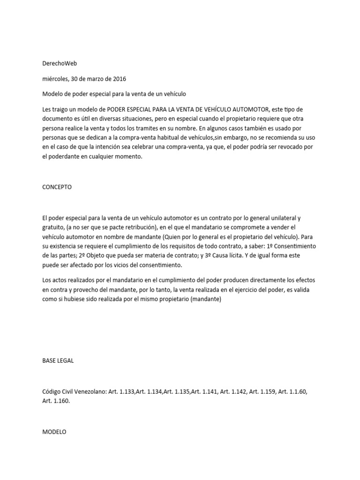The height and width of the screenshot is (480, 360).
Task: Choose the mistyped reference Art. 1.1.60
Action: tap(293, 391)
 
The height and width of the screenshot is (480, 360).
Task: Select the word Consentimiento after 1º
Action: tap(295, 246)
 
